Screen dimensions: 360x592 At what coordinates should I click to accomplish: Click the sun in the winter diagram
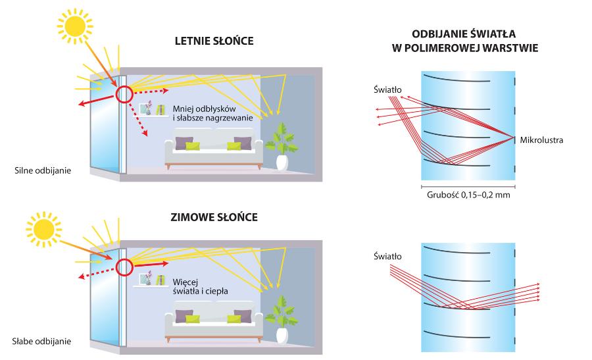point(45,230)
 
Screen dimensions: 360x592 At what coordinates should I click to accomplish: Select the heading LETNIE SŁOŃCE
point(214,41)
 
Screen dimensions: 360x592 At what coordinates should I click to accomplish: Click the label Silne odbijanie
point(42,170)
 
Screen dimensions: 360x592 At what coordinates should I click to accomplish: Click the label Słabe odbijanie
point(42,342)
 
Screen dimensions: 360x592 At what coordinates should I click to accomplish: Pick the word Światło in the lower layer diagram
point(387,256)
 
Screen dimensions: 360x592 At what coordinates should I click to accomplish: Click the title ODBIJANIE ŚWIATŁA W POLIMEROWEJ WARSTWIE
point(466,39)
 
